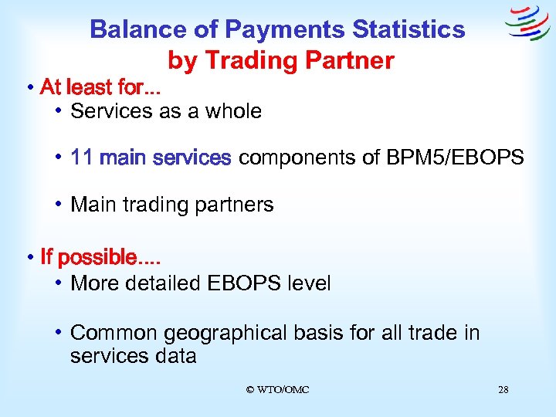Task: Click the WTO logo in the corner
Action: click(x=527, y=25)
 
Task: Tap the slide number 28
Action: click(x=503, y=390)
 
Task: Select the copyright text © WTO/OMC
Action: click(x=277, y=390)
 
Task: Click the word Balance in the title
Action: click(x=135, y=29)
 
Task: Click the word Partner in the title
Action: click(x=353, y=60)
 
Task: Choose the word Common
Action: click(x=107, y=333)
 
